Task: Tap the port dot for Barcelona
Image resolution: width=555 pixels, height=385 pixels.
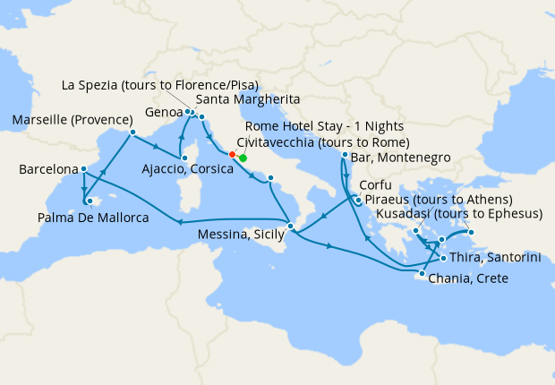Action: (x=83, y=169)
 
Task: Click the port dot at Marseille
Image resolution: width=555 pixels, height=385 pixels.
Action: (x=132, y=133)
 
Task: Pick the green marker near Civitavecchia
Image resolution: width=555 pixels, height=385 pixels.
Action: (x=243, y=158)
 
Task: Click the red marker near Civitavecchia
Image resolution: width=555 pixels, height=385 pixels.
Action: (x=232, y=154)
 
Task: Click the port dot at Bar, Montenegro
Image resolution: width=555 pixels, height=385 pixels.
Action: (x=346, y=156)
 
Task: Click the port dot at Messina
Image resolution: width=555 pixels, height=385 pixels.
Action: (x=289, y=226)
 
